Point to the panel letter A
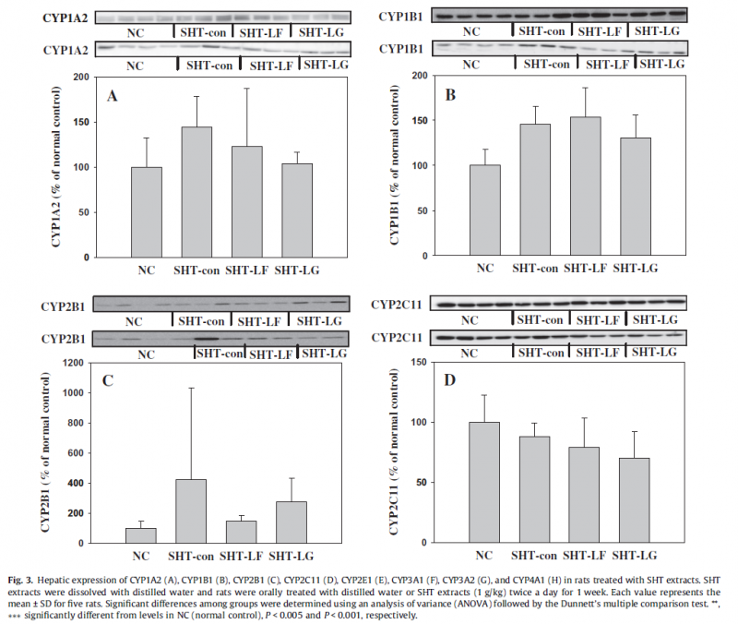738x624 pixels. coord(112,94)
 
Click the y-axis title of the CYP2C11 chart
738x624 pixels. coord(393,452)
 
